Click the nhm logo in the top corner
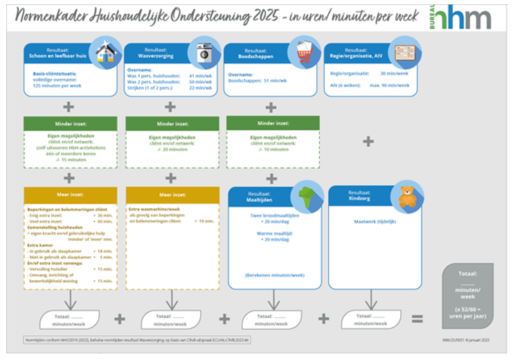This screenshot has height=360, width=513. point(464,19)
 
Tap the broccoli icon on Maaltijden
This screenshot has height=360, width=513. point(306,196)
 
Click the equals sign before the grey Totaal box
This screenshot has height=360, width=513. point(417,318)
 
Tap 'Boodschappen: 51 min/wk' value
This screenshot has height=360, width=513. point(256,80)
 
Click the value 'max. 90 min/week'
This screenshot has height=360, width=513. point(389,85)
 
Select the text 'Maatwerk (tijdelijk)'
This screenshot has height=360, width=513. point(374,222)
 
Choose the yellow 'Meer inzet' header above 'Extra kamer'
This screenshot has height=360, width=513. point(69,195)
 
